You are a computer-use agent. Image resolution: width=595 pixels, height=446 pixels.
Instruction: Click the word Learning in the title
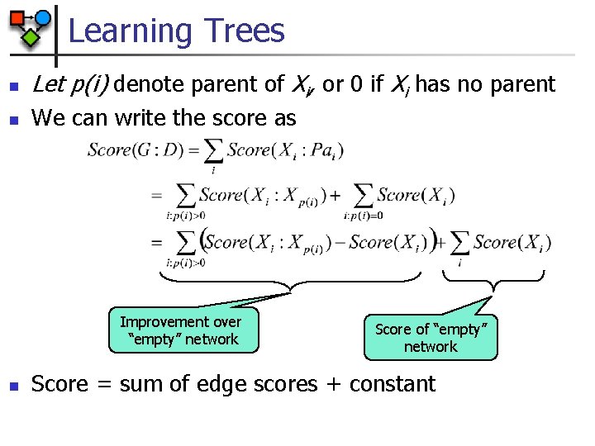[130, 31]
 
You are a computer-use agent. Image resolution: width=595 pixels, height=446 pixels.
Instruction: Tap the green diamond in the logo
[31, 36]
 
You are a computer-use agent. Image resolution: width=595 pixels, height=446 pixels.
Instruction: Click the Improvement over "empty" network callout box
[180, 330]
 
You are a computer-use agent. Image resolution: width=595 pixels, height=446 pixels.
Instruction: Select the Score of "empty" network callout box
[431, 337]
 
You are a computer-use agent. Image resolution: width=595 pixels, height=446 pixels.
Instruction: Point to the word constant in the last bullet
[392, 384]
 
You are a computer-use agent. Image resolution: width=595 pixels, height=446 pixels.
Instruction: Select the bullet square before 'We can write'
[12, 120]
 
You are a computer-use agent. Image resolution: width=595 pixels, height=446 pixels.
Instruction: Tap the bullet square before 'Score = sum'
[12, 386]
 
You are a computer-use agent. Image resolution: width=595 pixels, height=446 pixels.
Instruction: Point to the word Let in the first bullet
[45, 84]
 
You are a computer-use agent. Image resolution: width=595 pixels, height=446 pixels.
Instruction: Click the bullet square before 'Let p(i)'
[12, 86]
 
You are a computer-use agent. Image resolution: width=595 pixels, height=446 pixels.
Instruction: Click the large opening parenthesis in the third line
[202, 241]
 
